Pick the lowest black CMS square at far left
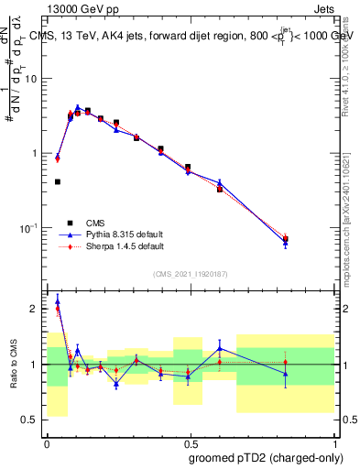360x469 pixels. tap(58, 182)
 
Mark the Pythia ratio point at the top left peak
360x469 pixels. tap(58, 300)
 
